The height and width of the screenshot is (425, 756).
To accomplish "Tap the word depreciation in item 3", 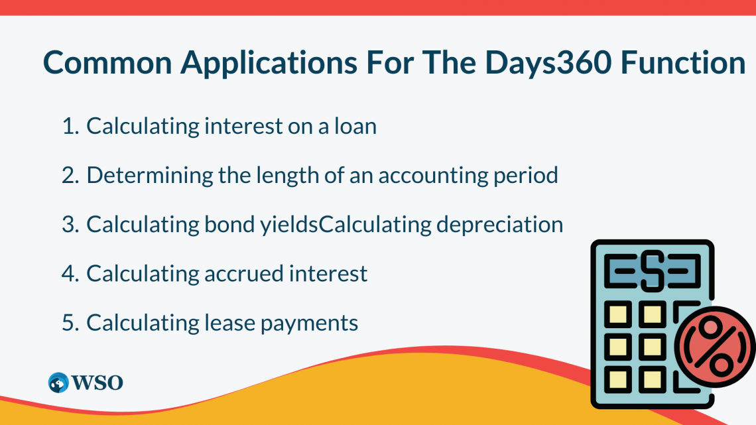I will [x=499, y=224].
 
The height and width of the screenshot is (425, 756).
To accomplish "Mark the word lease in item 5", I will [x=227, y=322].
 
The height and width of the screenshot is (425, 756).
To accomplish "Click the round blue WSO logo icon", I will [x=58, y=382].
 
